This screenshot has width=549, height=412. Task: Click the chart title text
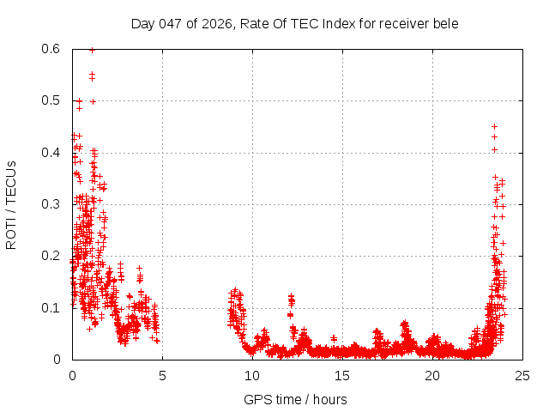[295, 23]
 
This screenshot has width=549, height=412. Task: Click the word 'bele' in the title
[445, 23]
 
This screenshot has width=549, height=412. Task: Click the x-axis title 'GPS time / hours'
[295, 399]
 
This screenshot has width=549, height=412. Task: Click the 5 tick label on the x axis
[162, 375]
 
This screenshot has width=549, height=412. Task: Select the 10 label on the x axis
[252, 375]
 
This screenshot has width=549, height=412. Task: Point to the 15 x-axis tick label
[342, 375]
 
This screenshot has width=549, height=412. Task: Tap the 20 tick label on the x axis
[432, 375]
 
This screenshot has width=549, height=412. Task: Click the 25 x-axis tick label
[522, 375]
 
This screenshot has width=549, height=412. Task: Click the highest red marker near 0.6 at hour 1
[92, 50]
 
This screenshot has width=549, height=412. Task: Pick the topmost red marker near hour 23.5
[494, 126]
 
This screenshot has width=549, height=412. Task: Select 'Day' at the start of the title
[142, 23]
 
